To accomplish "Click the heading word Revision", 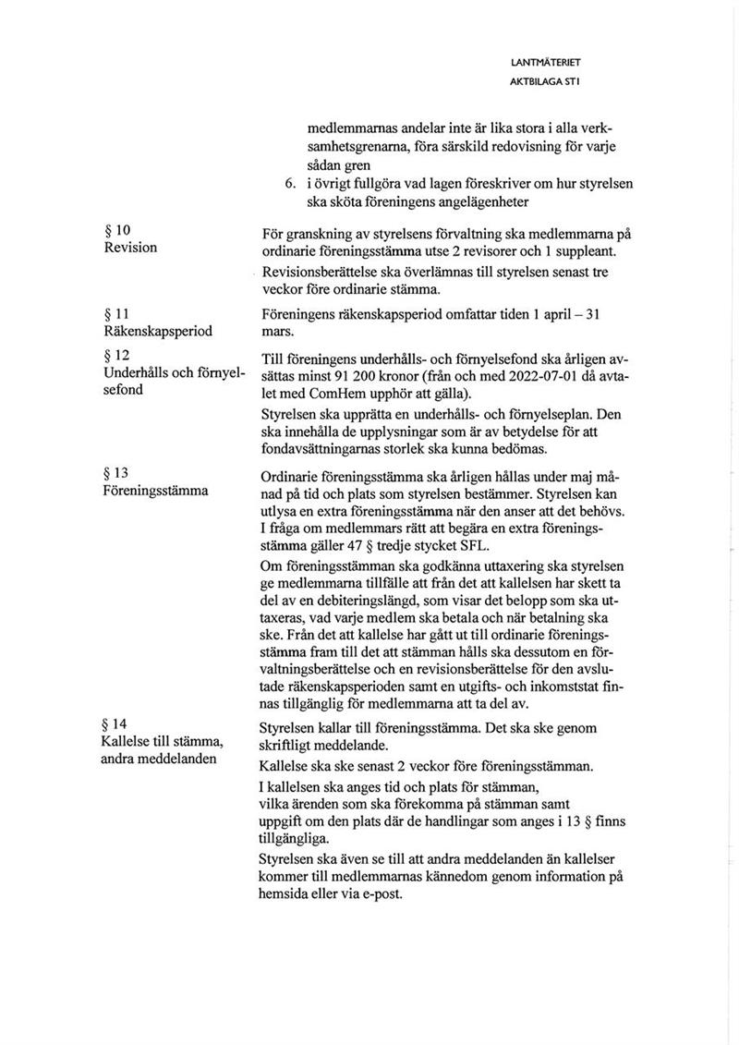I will point(130,248).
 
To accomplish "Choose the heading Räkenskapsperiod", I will point(158,331).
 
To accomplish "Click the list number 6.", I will point(291,184).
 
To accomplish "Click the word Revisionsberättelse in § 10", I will point(324,274).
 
